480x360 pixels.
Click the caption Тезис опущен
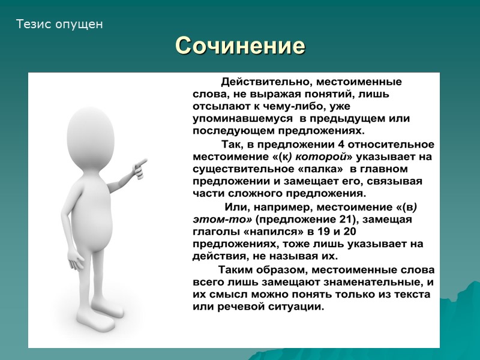(59, 25)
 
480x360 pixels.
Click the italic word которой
(319, 157)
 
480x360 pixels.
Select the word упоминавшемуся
(238, 119)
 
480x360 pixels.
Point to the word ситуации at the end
(295, 307)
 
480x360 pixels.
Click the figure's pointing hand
(140, 166)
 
